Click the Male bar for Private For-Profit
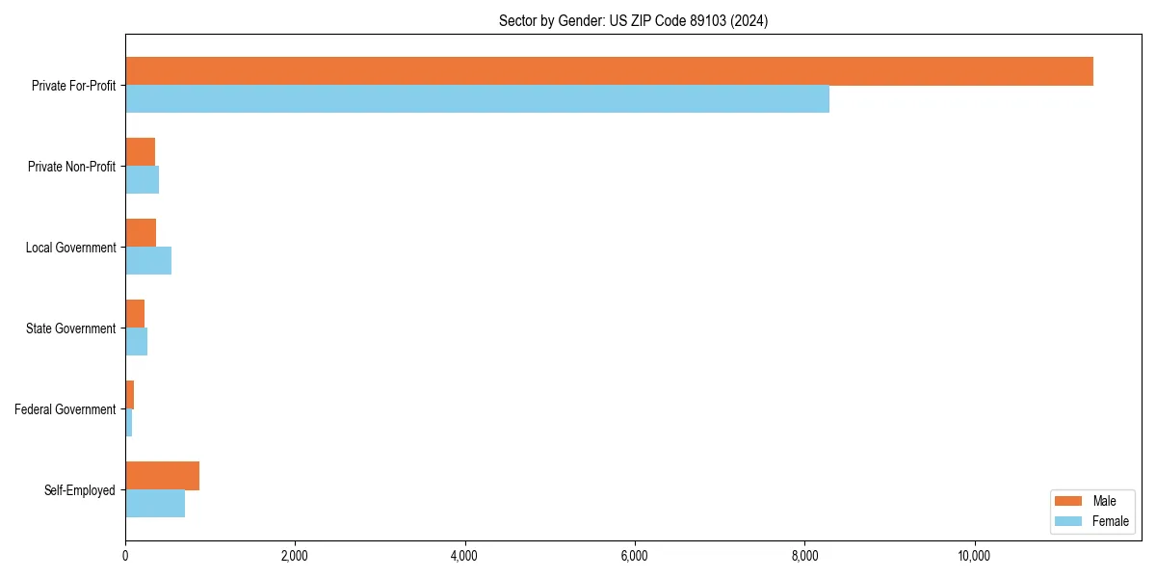click(x=609, y=71)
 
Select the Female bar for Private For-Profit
click(x=477, y=99)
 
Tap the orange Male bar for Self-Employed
click(x=162, y=476)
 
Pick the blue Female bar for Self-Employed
click(x=155, y=504)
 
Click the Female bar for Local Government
click(x=148, y=261)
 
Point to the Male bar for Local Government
click(x=141, y=233)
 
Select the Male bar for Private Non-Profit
click(x=140, y=152)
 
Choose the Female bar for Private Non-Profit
click(x=142, y=180)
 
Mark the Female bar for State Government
click(x=136, y=342)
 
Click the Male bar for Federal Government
click(x=129, y=395)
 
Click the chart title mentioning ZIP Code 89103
click(x=633, y=20)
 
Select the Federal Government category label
click(x=66, y=409)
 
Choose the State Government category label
click(x=71, y=328)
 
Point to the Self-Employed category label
click(x=80, y=490)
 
